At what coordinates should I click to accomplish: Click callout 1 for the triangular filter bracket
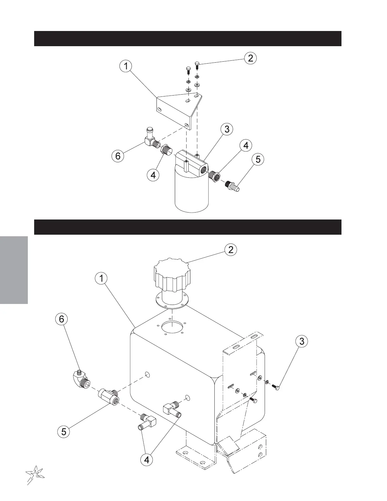click(126, 66)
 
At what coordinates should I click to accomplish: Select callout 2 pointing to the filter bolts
click(250, 58)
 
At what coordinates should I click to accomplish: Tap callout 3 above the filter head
click(227, 129)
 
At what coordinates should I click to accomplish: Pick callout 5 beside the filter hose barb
click(258, 159)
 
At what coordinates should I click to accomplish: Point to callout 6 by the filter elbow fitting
click(118, 156)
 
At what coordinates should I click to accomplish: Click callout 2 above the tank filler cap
click(231, 250)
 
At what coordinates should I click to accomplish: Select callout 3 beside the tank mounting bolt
click(302, 341)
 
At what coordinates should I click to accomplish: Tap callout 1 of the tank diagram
click(101, 279)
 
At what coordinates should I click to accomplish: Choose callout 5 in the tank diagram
click(64, 431)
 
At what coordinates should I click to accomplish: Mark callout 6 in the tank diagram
click(62, 319)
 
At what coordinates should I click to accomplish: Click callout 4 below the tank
click(147, 460)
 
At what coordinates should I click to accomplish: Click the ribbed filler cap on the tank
click(173, 274)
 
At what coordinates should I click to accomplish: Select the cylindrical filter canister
click(192, 193)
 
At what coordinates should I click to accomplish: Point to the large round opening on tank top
click(172, 327)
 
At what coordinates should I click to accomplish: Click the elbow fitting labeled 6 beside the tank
click(80, 378)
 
